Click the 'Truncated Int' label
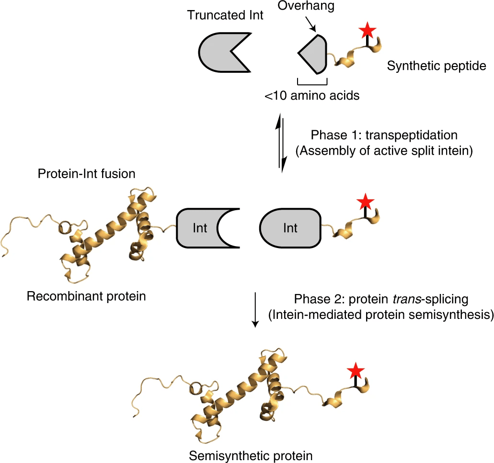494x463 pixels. pos(225,15)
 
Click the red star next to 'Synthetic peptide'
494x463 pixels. pos(368,31)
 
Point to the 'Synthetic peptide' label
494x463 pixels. pos(437,66)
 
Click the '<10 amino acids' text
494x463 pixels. pos(312,95)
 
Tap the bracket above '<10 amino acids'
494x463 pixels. pos(312,81)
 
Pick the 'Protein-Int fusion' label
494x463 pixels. pos(87,173)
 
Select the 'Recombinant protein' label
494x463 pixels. pos(86,296)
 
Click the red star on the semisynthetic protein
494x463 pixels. pos(355,371)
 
